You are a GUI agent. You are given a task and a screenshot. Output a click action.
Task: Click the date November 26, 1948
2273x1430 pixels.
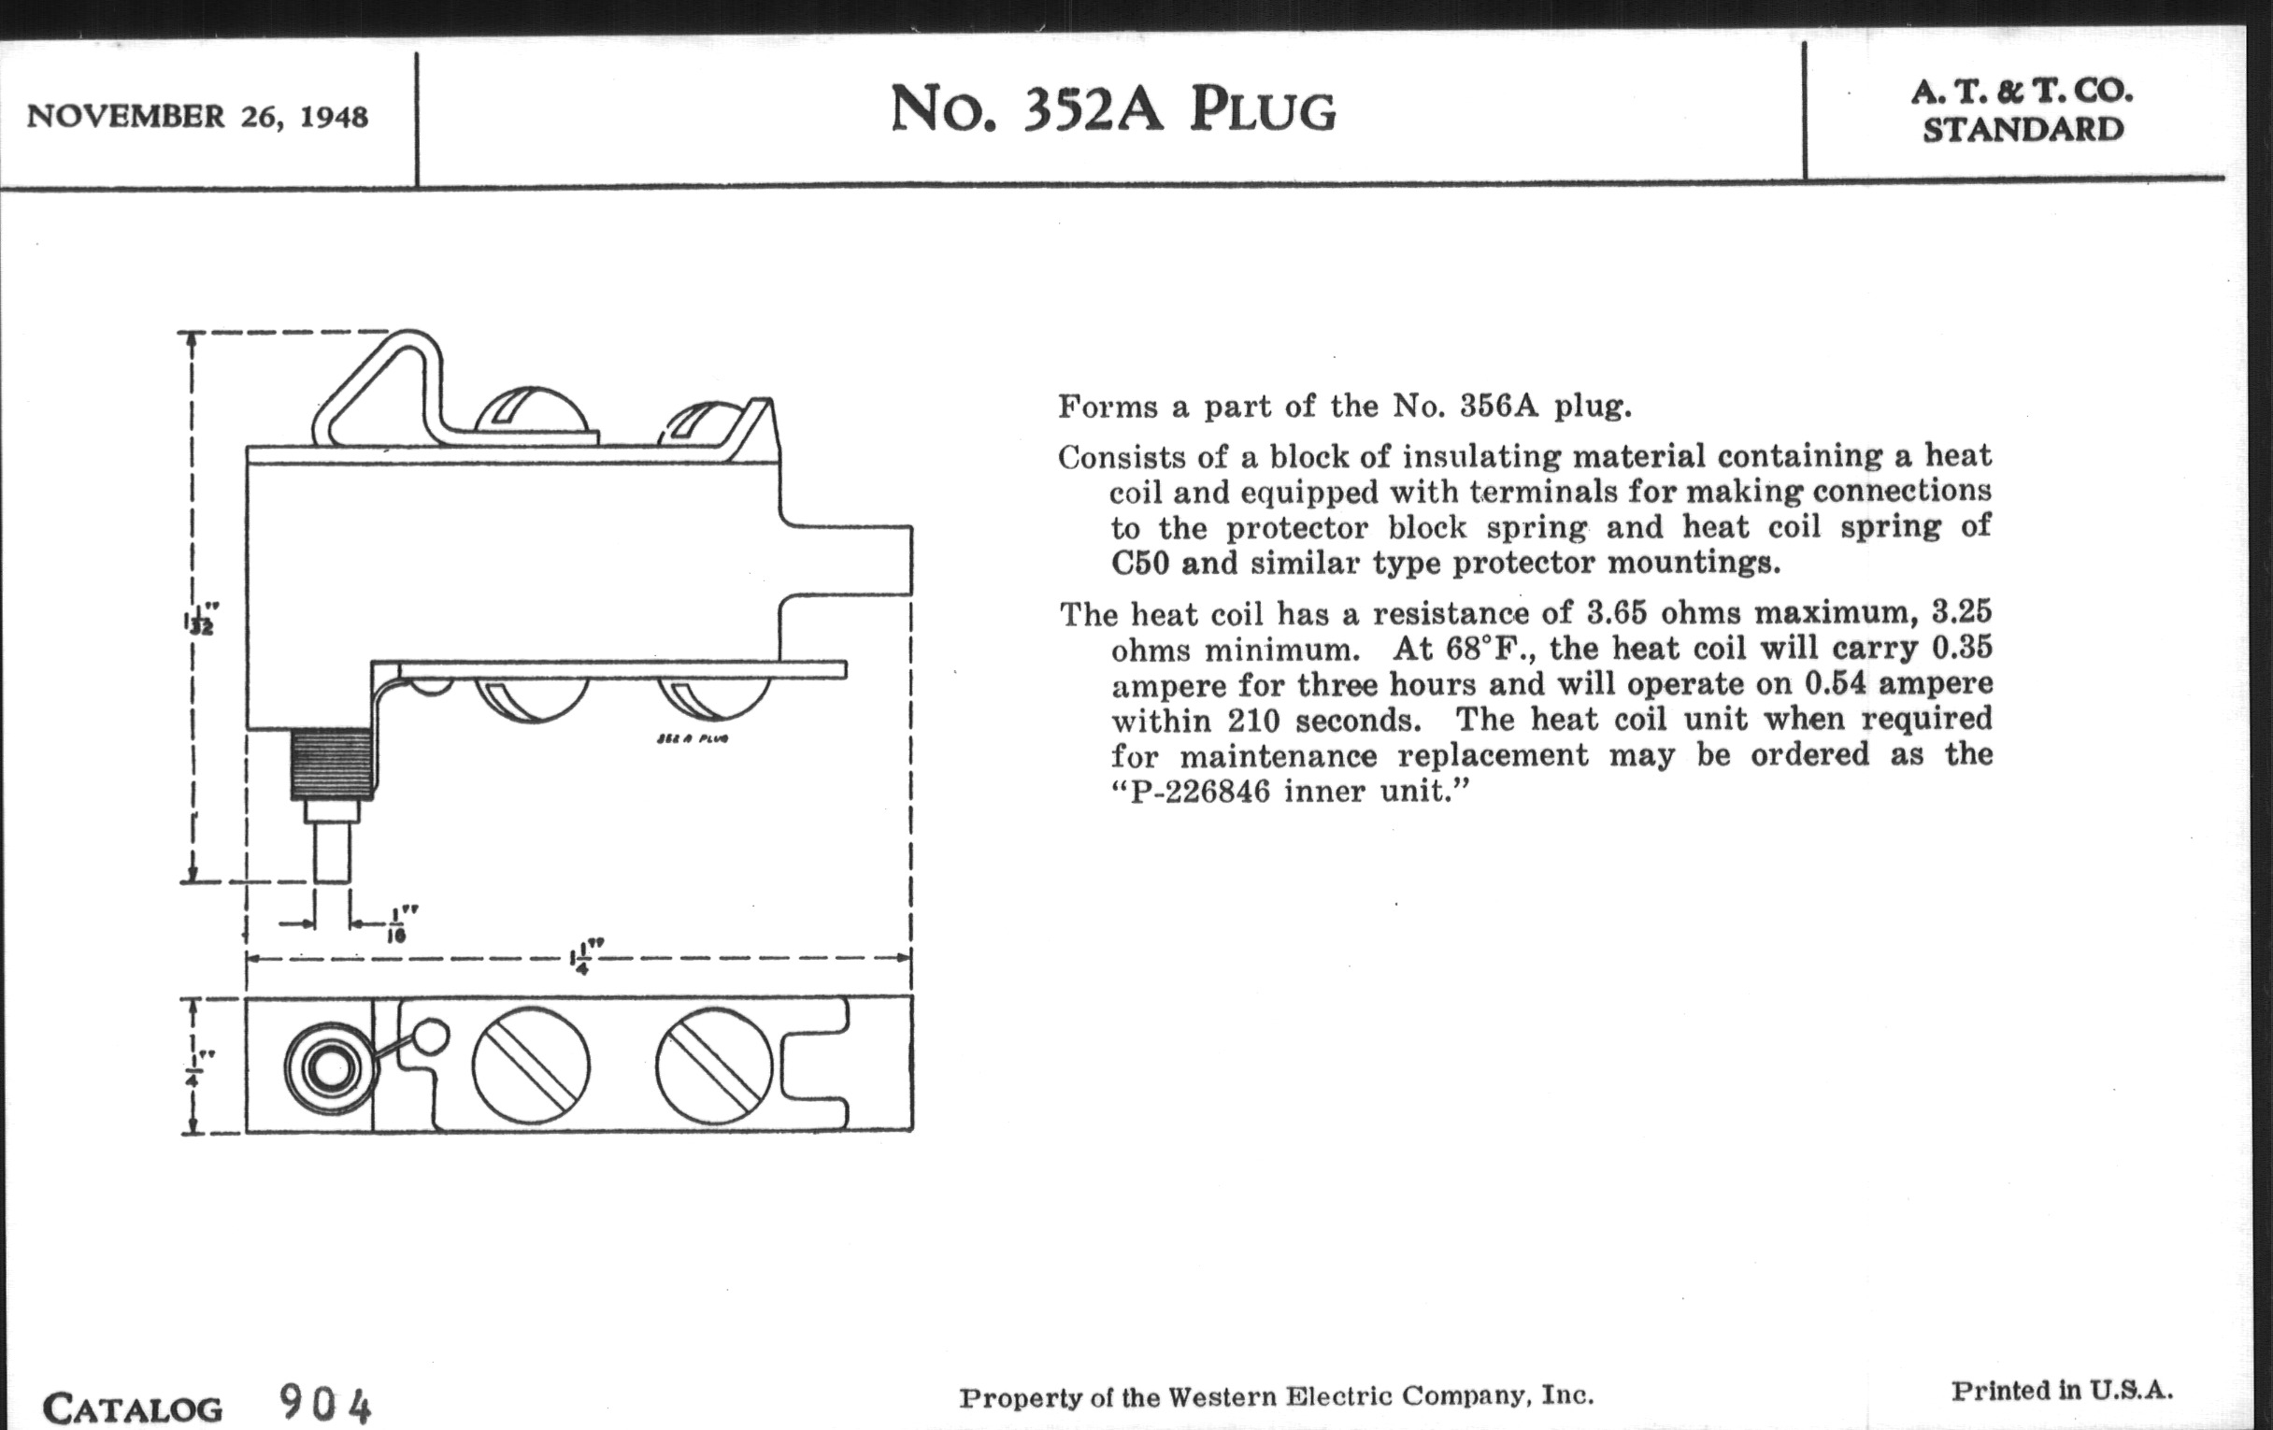coord(197,116)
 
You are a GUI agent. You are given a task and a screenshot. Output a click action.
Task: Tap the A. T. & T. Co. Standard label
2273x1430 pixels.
coord(2022,110)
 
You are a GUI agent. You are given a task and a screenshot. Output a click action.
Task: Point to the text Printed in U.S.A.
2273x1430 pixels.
coord(2063,1391)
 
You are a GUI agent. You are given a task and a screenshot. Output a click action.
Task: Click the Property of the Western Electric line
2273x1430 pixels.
coord(1276,1397)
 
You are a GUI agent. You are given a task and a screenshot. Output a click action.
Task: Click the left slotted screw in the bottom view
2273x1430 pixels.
coord(531,1065)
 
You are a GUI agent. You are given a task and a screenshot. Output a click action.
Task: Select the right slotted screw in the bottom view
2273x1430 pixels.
coord(714,1065)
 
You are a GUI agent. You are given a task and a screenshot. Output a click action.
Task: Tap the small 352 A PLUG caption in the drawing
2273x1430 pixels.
coord(692,737)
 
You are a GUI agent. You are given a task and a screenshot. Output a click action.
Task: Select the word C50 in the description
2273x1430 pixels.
coord(1140,564)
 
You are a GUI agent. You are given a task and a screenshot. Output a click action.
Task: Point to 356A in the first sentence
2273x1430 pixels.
coord(1498,406)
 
